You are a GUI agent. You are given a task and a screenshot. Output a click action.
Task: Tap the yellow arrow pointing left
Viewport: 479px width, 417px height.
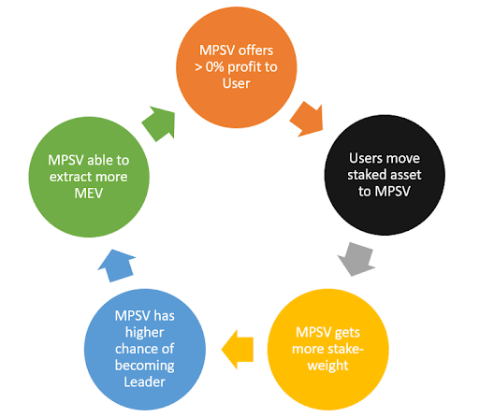coord(239,350)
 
